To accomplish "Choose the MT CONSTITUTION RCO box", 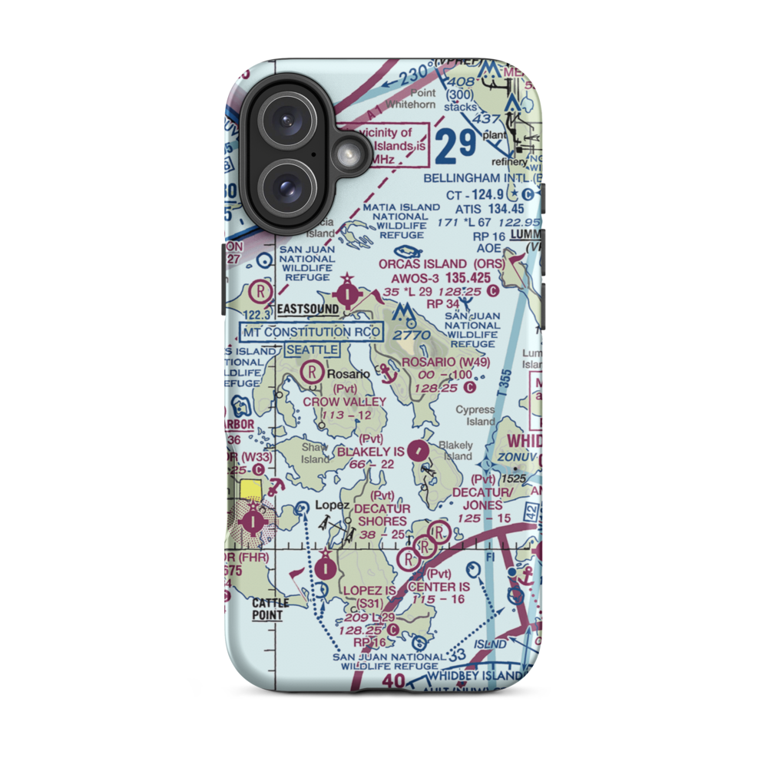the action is click(x=312, y=333).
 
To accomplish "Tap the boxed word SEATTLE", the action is click(x=312, y=349).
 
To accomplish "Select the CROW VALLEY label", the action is click(x=344, y=402).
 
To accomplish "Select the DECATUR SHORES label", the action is click(x=382, y=515).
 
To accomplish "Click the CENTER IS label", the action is click(x=439, y=587).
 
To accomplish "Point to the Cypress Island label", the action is click(x=475, y=415).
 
